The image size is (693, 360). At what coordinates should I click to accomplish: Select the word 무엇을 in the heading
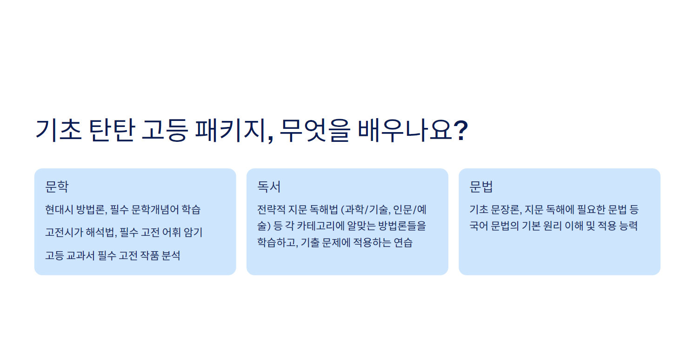tap(315, 131)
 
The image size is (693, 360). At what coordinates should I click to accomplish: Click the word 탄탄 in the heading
tap(112, 131)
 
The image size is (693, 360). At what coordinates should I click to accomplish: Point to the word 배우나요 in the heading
tap(405, 131)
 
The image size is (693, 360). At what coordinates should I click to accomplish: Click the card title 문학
tap(57, 187)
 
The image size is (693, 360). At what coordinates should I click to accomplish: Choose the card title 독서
tap(269, 187)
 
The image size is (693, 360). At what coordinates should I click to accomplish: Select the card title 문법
tap(481, 187)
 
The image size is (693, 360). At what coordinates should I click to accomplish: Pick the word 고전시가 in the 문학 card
tap(64, 232)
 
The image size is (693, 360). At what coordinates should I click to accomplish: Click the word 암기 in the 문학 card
tap(193, 232)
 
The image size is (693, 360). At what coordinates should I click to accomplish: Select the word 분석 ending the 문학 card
tap(171, 255)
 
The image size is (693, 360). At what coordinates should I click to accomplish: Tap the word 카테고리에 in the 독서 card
tap(320, 226)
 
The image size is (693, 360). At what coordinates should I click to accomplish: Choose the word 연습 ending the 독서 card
tap(403, 242)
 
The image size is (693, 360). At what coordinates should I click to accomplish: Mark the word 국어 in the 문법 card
tap(479, 226)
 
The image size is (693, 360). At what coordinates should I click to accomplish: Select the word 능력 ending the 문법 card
tap(628, 226)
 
